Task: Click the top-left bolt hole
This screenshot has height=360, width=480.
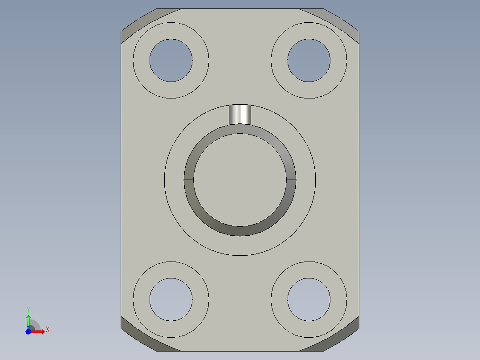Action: point(171,60)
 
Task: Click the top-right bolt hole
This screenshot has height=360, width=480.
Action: point(309,60)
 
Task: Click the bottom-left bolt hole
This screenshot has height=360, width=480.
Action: point(171,299)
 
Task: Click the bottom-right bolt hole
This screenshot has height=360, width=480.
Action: point(309,299)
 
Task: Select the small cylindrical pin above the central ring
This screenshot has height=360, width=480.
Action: point(240,114)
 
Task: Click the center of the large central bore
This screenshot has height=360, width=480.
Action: point(240,180)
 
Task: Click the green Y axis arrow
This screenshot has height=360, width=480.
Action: point(28,320)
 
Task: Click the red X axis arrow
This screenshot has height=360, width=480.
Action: point(39,331)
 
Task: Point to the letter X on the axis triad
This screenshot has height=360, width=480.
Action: point(47,330)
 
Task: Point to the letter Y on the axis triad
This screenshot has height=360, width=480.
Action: point(28,310)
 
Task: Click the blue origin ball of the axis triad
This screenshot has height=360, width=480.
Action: point(28,332)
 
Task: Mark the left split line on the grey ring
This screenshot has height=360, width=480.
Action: point(188,180)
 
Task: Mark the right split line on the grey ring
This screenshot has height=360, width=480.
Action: point(291,180)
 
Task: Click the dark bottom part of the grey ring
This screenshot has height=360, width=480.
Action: point(240,231)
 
